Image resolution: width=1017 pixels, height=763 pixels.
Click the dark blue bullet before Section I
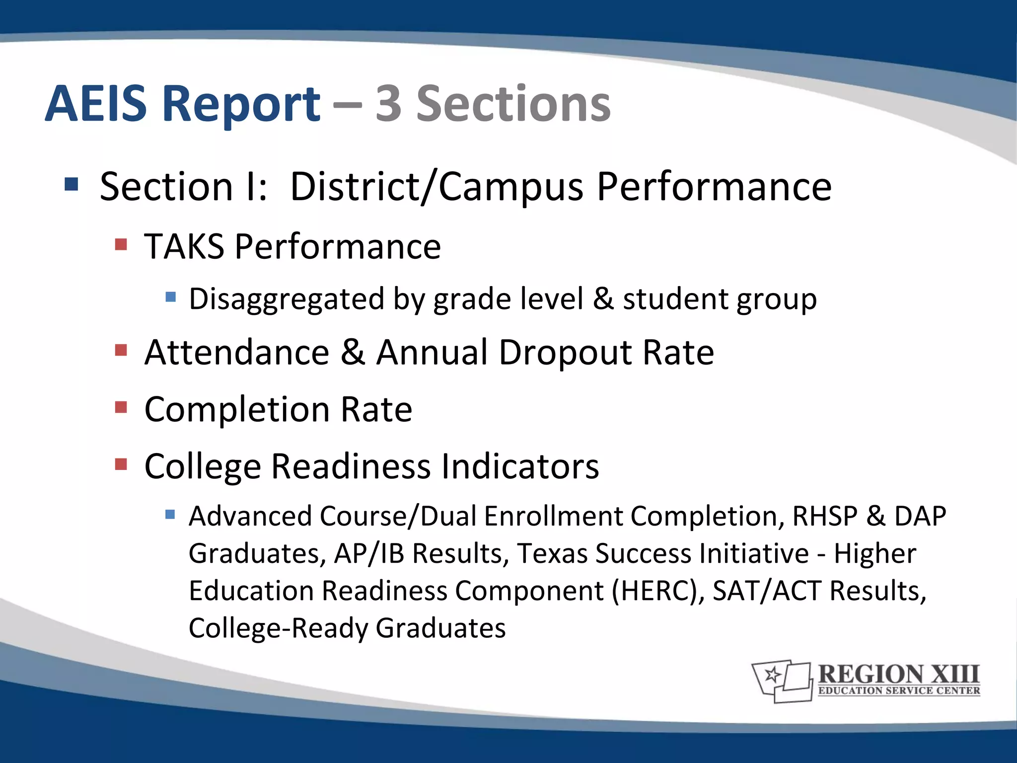(x=72, y=185)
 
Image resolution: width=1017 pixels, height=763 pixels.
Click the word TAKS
(x=184, y=246)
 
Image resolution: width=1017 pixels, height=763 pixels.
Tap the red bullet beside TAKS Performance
(x=121, y=244)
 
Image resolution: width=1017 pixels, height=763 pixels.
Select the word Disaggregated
(x=287, y=299)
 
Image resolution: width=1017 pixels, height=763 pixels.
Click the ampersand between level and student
(x=603, y=299)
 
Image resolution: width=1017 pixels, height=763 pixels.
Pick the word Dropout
(x=565, y=353)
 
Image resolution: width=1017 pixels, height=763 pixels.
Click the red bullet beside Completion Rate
(x=121, y=407)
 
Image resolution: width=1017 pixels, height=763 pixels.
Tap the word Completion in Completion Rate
(x=237, y=410)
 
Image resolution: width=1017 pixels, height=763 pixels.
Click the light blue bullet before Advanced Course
(x=170, y=514)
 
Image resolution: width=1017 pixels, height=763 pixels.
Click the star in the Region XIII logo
(x=773, y=675)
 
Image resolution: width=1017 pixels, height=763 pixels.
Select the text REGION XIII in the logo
(x=898, y=675)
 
